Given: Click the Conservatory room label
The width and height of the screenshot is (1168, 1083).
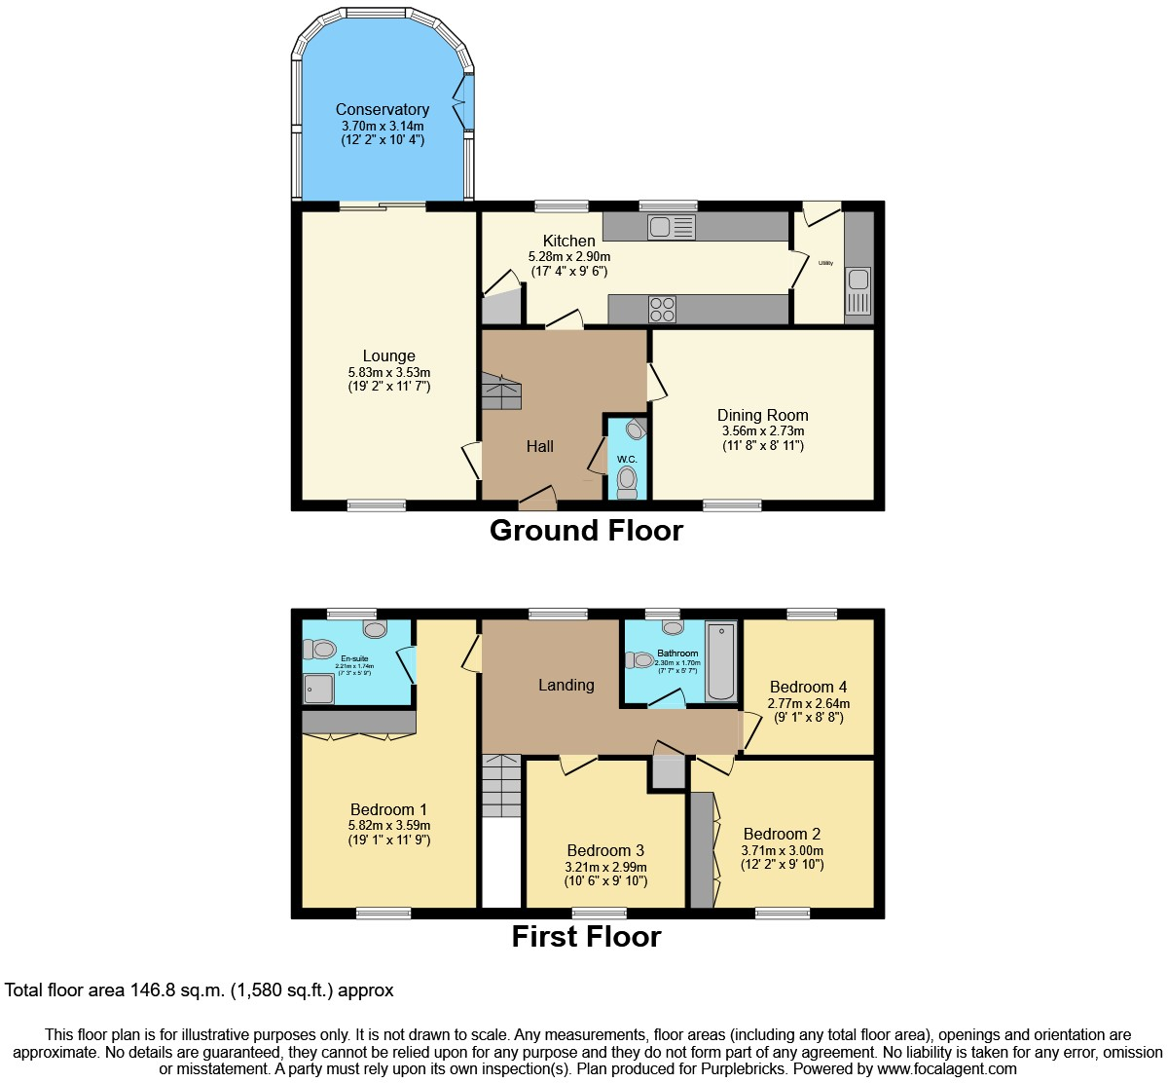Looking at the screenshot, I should (x=383, y=109).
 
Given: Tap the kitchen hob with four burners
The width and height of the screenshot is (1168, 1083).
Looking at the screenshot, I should (x=663, y=309).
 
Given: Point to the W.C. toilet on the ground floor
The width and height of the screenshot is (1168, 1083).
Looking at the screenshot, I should (x=628, y=480).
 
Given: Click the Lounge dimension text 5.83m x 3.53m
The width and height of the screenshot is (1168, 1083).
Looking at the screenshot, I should (x=388, y=372).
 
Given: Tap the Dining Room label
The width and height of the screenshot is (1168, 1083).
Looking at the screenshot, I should (x=762, y=415).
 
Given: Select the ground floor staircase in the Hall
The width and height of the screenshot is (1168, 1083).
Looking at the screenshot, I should (x=502, y=393).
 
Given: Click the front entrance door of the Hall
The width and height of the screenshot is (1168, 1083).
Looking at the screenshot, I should (x=536, y=501).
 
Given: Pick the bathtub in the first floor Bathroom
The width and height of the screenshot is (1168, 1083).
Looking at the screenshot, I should (x=720, y=662).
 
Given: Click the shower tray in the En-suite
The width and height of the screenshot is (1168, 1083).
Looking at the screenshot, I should (x=318, y=688).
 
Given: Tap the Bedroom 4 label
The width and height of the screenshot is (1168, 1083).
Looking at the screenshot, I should (x=808, y=687).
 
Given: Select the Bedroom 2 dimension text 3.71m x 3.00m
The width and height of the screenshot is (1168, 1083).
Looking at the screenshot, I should (x=782, y=850).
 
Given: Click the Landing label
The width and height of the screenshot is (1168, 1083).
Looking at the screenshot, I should (x=566, y=685).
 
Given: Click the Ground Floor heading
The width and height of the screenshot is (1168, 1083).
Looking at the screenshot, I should (x=586, y=530).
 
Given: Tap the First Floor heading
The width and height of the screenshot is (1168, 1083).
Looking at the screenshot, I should (x=586, y=936).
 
